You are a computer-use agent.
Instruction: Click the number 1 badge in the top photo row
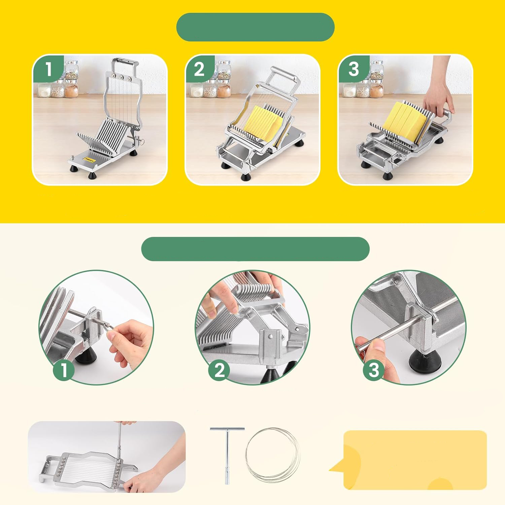[x=48, y=69]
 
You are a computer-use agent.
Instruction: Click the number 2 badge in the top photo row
[x=199, y=69]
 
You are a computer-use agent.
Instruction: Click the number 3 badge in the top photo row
[x=353, y=69]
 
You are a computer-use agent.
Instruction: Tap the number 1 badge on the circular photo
[x=64, y=370]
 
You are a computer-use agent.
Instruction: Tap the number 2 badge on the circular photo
[x=219, y=370]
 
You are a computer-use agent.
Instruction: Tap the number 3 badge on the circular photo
[x=374, y=370]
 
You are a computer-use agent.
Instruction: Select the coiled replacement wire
[x=272, y=454]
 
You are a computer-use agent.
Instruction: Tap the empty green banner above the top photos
[x=255, y=27]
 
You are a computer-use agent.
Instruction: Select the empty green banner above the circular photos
[x=255, y=249]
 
